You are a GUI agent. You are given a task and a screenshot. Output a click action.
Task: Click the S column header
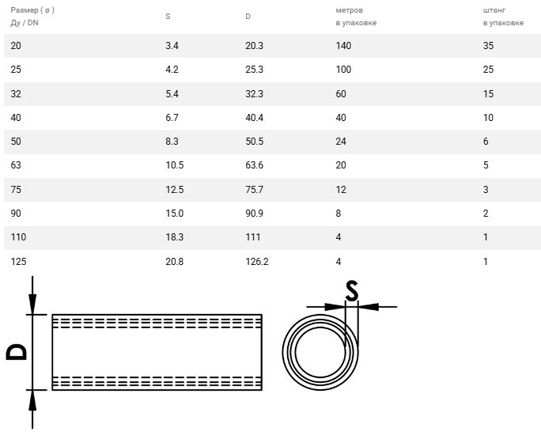(x=168, y=16)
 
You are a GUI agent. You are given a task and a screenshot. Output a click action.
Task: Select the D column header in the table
(x=248, y=16)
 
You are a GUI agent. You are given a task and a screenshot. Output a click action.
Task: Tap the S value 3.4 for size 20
(x=172, y=46)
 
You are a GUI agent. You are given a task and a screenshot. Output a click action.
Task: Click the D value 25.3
(x=254, y=70)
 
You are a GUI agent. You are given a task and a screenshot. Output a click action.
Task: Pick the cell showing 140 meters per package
(x=343, y=46)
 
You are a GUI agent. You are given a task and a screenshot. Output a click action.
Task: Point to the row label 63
(x=16, y=165)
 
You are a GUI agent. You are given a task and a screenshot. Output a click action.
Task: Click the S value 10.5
(x=175, y=165)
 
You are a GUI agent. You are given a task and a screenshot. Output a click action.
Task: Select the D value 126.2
(x=257, y=262)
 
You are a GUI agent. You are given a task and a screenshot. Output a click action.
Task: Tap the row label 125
(x=18, y=262)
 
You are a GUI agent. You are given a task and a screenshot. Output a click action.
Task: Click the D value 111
(x=252, y=237)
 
